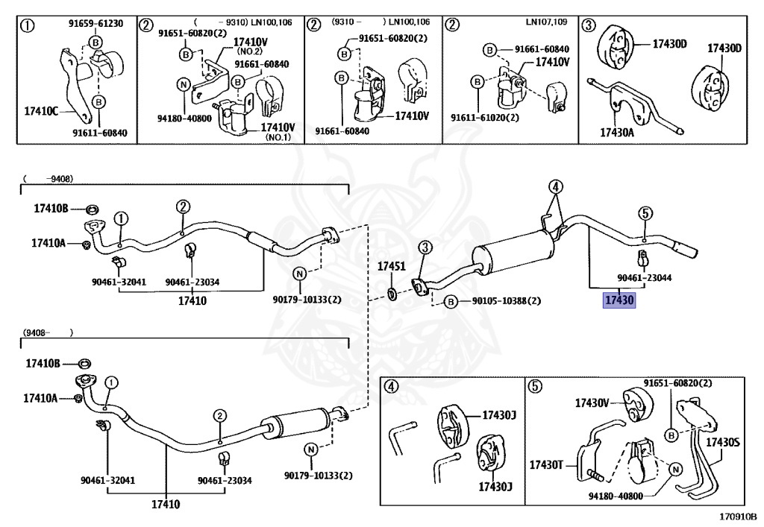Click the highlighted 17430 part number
click(x=619, y=300)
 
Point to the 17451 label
click(x=390, y=266)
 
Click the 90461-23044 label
click(x=645, y=277)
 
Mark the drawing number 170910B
click(x=738, y=515)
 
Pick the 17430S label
click(x=722, y=442)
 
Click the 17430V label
click(x=593, y=403)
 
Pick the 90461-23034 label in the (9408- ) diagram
click(x=225, y=481)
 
